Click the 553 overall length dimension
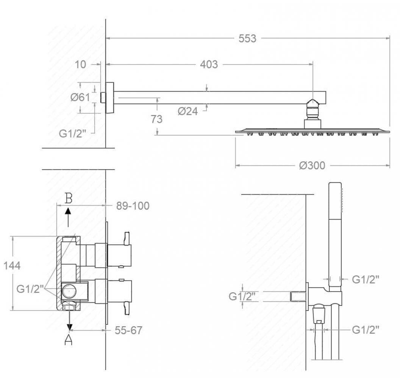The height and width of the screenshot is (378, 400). coord(247,39)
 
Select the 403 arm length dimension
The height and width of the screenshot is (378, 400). coord(209,64)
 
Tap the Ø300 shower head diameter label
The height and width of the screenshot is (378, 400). coord(312,166)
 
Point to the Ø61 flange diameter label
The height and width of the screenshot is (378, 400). coord(80,97)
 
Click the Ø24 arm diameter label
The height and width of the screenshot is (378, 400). coord(188,111)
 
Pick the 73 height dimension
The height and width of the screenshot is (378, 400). coord(156,119)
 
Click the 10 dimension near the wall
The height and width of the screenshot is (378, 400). coord(80,64)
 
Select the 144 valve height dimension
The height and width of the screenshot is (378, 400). coord(12,266)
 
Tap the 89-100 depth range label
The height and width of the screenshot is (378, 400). coord(133,206)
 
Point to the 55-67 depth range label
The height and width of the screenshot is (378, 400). coord(128,330)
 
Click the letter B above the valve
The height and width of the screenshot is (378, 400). coord(68,198)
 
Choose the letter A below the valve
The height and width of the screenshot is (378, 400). coord(68,339)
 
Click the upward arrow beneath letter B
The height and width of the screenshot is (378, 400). coord(68,217)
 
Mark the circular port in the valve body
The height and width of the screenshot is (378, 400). coord(69,291)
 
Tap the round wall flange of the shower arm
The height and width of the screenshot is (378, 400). coord(110,98)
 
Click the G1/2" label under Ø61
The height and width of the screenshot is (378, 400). coord(73,133)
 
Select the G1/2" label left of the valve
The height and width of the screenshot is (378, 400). coord(28,289)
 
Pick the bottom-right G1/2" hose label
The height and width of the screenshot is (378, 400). coord(366,330)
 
